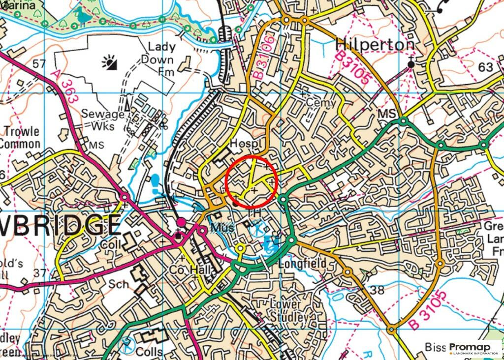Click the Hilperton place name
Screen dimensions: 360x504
(375, 45)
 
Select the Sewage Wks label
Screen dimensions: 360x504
(102, 120)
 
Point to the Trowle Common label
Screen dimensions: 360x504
(20, 138)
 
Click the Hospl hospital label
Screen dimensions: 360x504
(244, 143)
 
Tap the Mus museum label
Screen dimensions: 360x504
(221, 228)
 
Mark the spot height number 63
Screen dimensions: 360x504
(485, 67)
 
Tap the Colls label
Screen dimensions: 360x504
(150, 352)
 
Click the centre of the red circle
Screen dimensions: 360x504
(252, 180)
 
